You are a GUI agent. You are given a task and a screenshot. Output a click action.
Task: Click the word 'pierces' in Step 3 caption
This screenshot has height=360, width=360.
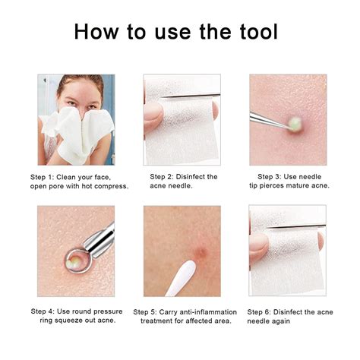[276, 186]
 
